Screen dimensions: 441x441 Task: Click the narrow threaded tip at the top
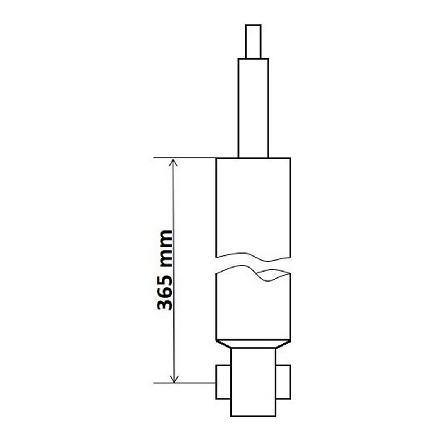pyautogui.click(x=253, y=41)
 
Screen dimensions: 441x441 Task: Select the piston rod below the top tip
pyautogui.click(x=253, y=108)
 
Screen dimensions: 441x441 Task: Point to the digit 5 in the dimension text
pyautogui.click(x=165, y=272)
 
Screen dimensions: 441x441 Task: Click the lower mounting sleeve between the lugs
pyautogui.click(x=254, y=385)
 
